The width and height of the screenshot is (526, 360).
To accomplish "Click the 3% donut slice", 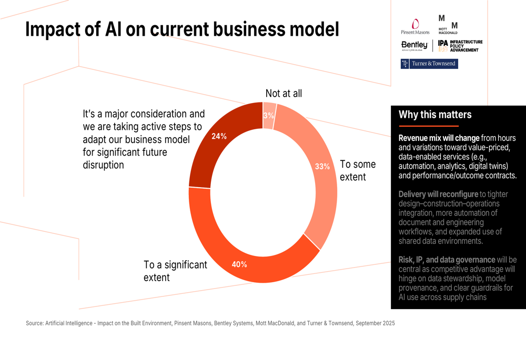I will click(x=269, y=115).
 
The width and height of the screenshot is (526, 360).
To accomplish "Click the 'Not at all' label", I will click(x=284, y=94).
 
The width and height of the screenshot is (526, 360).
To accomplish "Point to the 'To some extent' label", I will click(x=358, y=170).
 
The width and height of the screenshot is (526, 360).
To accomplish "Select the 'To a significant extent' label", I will click(x=175, y=271).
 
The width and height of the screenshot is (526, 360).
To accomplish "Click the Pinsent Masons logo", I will click(x=416, y=27).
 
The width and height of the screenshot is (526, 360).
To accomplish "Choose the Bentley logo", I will click(x=414, y=46).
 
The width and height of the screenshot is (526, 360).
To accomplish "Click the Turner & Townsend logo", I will click(x=429, y=64).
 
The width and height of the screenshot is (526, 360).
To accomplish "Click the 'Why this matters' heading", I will click(x=435, y=115).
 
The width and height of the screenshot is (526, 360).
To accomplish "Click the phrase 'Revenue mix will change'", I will click(x=439, y=138).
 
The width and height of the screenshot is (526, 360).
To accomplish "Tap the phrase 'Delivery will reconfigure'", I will click(x=438, y=194).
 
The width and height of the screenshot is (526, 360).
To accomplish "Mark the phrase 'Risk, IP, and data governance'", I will click(x=447, y=260).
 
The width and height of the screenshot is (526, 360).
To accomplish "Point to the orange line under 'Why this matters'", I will click(x=429, y=126).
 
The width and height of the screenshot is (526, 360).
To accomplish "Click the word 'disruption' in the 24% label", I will click(x=104, y=164).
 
